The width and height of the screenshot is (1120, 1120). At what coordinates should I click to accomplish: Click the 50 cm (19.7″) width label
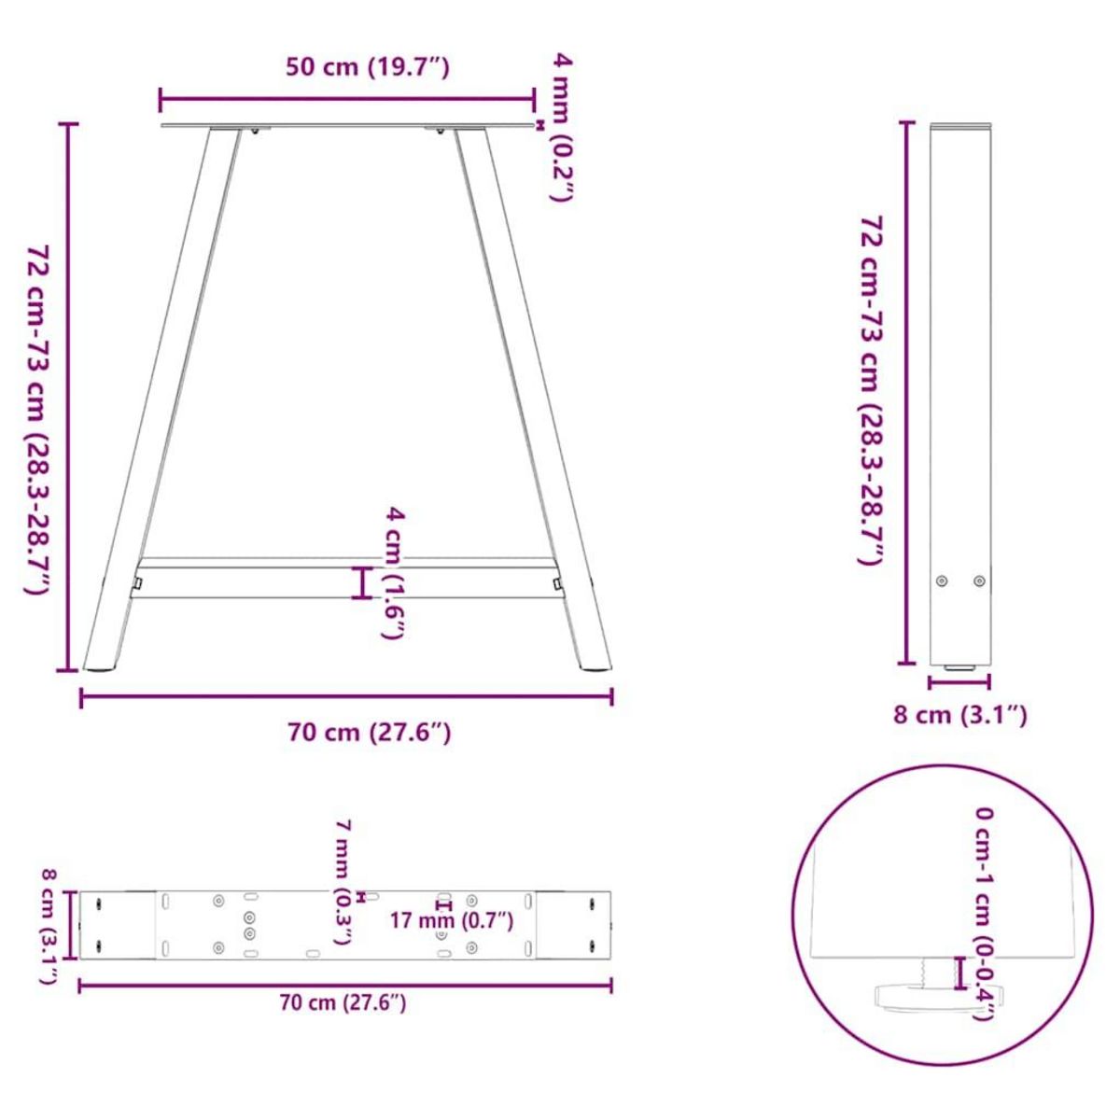pos(368,67)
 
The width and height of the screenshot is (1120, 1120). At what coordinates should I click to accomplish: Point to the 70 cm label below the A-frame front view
pos(370,733)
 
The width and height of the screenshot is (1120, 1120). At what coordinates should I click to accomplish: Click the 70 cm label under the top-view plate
pos(343,1003)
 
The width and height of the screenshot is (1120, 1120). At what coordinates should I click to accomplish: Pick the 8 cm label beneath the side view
pos(960,715)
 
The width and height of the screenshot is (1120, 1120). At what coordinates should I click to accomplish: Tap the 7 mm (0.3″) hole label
pos(343,882)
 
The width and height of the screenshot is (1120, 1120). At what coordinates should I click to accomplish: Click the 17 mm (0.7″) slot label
pos(452,921)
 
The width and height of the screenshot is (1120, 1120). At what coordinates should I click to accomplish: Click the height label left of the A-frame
pos(37,420)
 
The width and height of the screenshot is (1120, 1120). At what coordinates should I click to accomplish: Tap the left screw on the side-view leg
pos(942,581)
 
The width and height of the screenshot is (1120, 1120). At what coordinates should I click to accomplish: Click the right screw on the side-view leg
pos(978,581)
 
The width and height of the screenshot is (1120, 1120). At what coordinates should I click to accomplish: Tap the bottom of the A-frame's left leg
pos(101,665)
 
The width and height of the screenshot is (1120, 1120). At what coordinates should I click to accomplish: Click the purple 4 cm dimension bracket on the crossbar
pos(362,582)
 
